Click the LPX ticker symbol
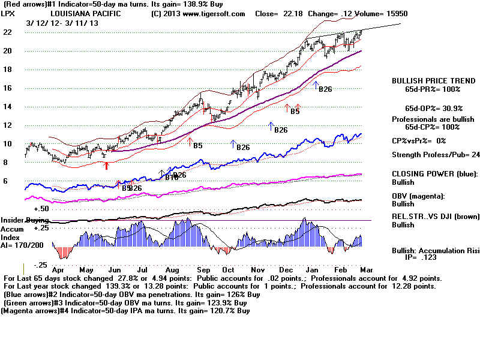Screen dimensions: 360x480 (x=9, y=13)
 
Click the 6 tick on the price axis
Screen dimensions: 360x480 (x=6, y=181)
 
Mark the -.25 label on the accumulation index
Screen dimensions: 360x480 (x=40, y=265)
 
